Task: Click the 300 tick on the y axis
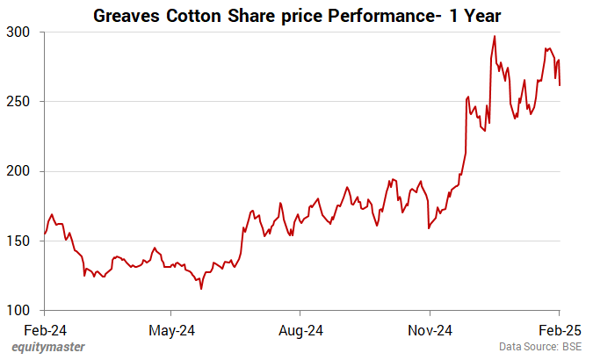20,32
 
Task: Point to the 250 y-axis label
20,102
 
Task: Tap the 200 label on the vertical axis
20,171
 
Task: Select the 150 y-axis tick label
20,241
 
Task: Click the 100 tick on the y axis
20,311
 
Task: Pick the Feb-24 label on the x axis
44,330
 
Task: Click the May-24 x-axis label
172,330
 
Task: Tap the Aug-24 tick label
301,330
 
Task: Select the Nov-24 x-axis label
430,330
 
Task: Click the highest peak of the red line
495,36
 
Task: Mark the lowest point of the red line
201,288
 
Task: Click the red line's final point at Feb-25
560,85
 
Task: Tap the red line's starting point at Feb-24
44,234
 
